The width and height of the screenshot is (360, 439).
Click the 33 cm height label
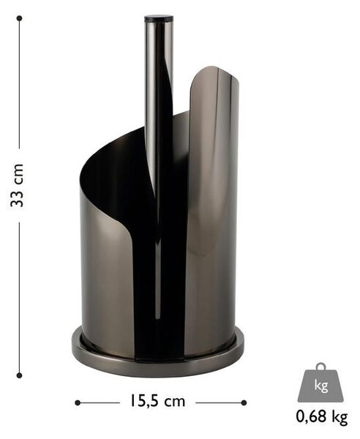point(17,185)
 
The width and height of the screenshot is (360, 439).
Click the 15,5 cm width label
point(157,401)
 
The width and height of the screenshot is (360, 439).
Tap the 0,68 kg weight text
point(322,417)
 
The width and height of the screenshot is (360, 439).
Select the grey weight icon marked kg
point(320,382)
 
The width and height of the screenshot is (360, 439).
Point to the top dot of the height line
point(19,18)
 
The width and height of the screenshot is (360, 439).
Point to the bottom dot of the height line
point(19,375)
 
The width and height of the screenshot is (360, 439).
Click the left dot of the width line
point(78,403)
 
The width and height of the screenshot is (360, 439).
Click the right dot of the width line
point(244,403)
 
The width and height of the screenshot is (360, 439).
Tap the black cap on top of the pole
point(159,19)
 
